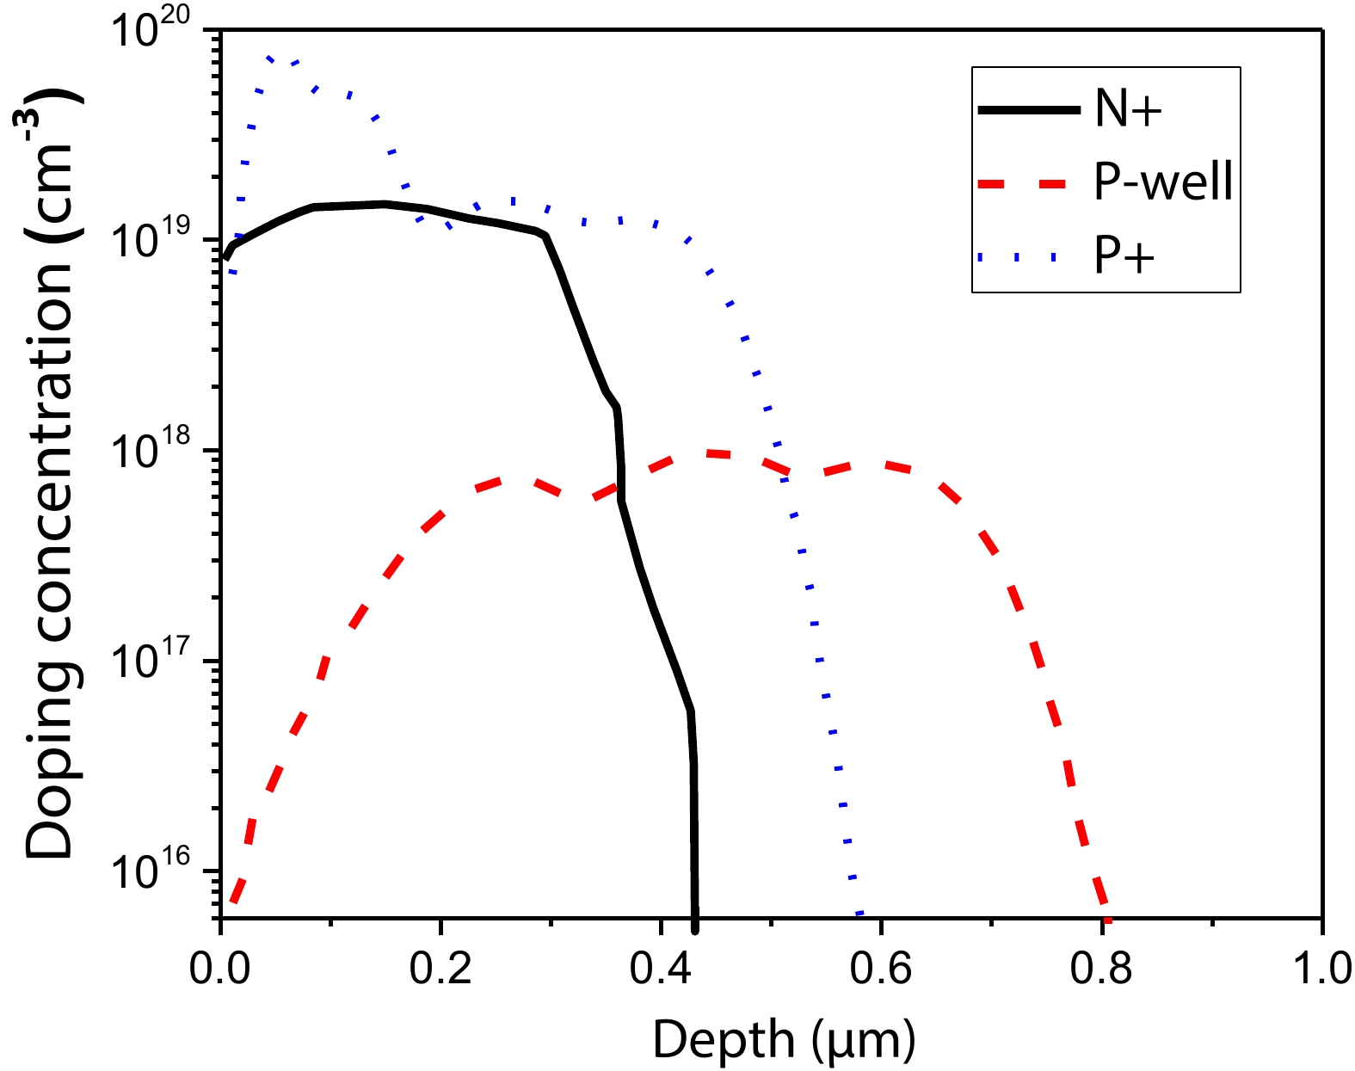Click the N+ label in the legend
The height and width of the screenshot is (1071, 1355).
tap(1128, 109)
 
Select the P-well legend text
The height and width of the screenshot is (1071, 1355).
tap(1163, 182)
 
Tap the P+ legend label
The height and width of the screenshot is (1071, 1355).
tap(1124, 255)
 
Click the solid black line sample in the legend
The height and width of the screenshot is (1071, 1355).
tap(1029, 109)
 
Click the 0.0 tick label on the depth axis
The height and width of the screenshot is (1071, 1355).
tap(220, 969)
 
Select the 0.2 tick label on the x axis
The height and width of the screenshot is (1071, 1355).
tap(440, 969)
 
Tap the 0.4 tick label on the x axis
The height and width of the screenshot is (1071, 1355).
tap(661, 969)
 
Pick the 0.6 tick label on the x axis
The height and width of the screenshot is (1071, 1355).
tap(881, 969)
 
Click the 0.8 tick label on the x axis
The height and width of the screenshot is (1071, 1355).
tap(1101, 969)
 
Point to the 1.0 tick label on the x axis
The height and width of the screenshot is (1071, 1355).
tap(1320, 969)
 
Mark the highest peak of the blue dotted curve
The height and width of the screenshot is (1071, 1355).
tap(269, 58)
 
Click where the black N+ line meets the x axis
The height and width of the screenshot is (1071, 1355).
tap(694, 917)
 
